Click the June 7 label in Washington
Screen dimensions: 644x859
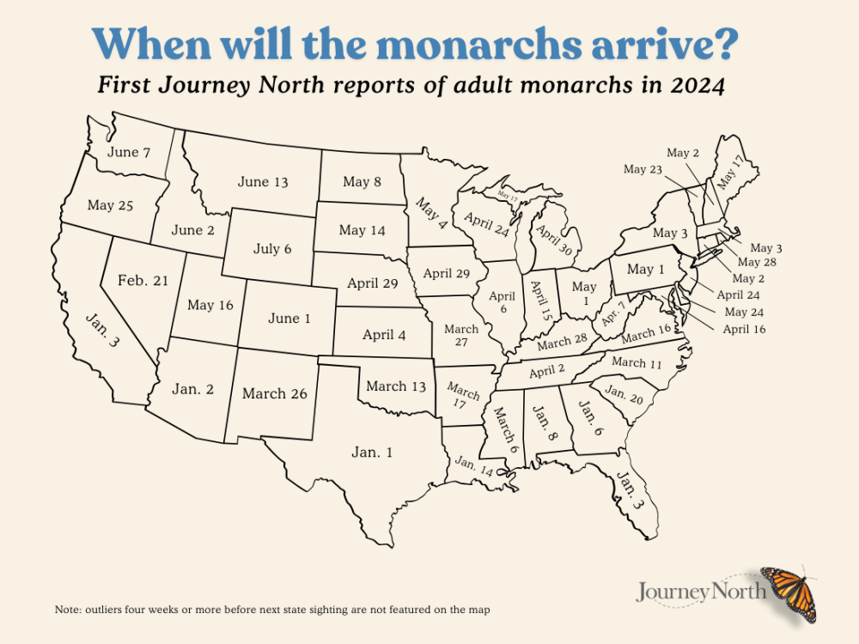pyautogui.click(x=130, y=153)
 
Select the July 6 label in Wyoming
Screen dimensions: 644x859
pyautogui.click(x=272, y=249)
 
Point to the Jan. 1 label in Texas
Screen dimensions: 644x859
pyautogui.click(x=371, y=452)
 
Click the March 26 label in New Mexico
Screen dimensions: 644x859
pyautogui.click(x=275, y=393)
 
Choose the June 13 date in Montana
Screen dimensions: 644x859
pyautogui.click(x=263, y=182)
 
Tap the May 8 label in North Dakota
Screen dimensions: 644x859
pyautogui.click(x=362, y=181)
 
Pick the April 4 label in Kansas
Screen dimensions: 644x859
pyautogui.click(x=384, y=335)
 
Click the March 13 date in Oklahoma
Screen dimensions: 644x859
pyautogui.click(x=396, y=386)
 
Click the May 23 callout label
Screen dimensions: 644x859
pyautogui.click(x=642, y=169)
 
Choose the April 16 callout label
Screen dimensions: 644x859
pyautogui.click(x=744, y=329)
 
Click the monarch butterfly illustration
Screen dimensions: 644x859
pyautogui.click(x=789, y=593)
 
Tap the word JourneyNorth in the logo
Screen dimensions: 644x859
pyautogui.click(x=702, y=592)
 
